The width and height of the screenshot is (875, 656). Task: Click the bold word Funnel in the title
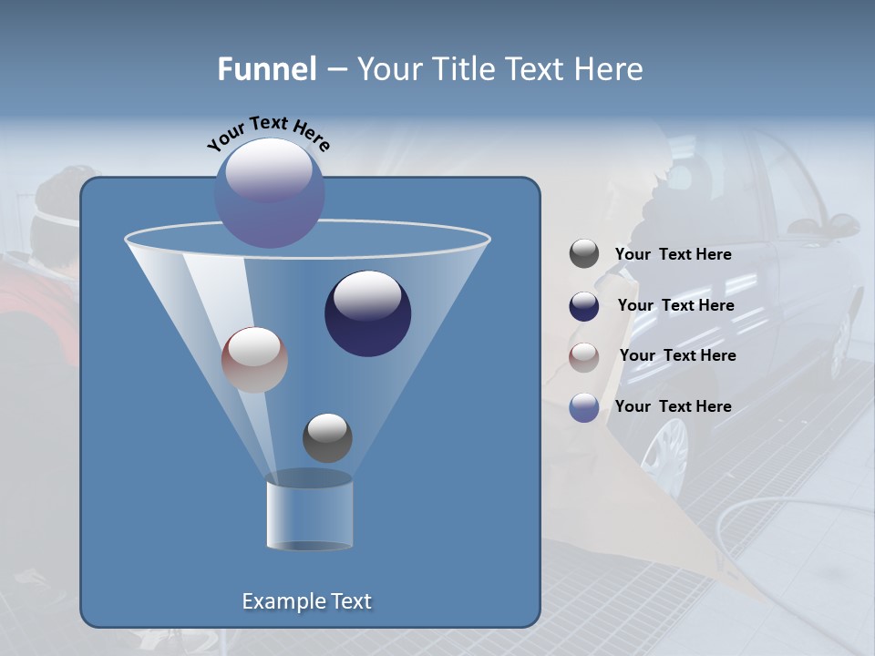click(266, 69)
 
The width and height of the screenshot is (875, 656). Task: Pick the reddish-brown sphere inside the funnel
click(254, 361)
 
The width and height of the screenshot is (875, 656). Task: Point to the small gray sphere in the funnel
click(327, 438)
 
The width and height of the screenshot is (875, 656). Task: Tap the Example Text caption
click(306, 601)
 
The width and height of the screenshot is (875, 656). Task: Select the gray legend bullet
click(584, 254)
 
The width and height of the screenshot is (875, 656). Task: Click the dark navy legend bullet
click(584, 306)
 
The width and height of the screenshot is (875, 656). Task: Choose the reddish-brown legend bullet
click(584, 357)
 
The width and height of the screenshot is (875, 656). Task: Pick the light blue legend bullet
click(584, 407)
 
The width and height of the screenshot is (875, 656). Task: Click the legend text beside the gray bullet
click(673, 255)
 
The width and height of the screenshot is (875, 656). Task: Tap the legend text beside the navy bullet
click(675, 306)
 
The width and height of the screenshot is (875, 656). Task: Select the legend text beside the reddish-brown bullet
click(677, 356)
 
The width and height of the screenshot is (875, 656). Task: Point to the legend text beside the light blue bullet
click(673, 406)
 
